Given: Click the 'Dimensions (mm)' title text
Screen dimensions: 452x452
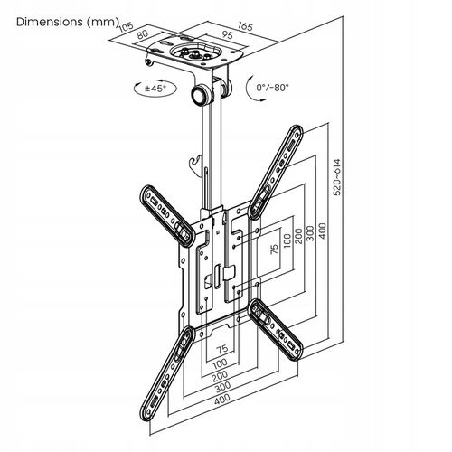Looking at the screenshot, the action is [x=67, y=22].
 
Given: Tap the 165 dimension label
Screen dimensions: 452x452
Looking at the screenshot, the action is [x=245, y=26].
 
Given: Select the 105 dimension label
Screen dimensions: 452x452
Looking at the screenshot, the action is [x=127, y=26].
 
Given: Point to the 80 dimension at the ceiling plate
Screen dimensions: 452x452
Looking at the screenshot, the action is [x=142, y=34].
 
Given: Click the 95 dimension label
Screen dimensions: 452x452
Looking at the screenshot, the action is [x=228, y=35].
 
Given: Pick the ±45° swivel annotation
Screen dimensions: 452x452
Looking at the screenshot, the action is [x=155, y=88].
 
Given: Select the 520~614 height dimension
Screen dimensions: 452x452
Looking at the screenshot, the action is [x=337, y=177].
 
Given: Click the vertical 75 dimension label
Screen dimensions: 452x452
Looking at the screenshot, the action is [x=274, y=250].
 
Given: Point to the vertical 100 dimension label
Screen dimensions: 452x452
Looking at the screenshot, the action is [x=287, y=240].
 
